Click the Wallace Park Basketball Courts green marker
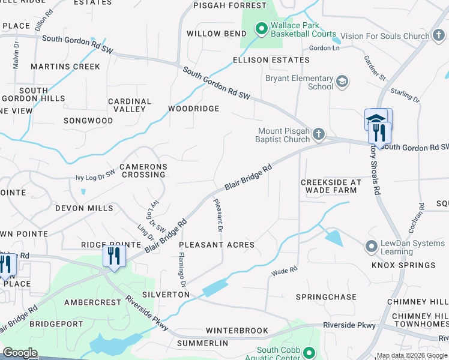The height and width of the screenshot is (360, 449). click(261, 28)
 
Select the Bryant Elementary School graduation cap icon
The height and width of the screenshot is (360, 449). click(342, 82)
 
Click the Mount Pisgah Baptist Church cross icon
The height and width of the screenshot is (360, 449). click(319, 134)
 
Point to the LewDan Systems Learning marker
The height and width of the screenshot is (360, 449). click(370, 247)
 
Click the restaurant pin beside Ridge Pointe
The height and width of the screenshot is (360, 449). click(112, 257)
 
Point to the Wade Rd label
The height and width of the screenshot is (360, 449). click(285, 272)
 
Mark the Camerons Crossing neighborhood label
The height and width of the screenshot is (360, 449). click(143, 170)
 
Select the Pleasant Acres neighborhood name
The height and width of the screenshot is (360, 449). click(217, 245)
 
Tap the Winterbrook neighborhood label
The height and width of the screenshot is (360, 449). click(237, 331)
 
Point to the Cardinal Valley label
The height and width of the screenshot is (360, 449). click(130, 105)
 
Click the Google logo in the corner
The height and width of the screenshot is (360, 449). click(20, 352)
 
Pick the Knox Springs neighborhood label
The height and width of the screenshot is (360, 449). click(403, 265)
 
